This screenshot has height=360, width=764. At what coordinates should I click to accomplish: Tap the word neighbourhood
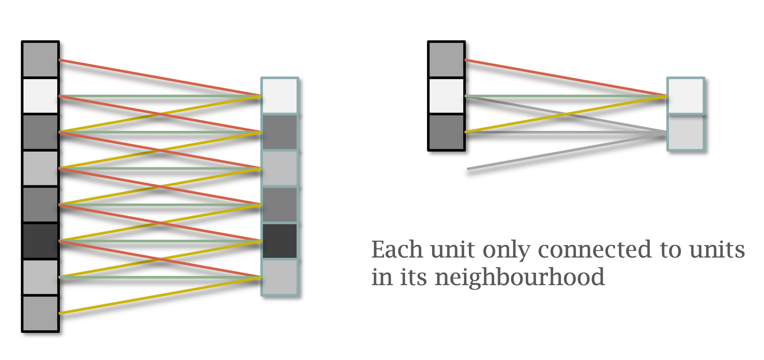coord(520,277)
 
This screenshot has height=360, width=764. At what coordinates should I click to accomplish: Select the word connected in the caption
coord(594,250)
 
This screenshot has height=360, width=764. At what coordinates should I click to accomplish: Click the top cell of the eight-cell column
coord(40,59)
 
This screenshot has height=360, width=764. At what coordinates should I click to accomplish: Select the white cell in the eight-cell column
coord(40,96)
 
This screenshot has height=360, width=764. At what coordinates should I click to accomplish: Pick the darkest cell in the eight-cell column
coord(40,241)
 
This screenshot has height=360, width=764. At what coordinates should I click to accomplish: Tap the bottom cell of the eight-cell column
coord(40,313)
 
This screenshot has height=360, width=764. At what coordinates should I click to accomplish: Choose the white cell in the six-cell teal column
coord(280,96)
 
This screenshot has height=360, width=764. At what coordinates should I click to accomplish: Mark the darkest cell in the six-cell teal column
coord(280,241)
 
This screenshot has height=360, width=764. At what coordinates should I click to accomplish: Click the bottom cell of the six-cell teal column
coord(280,277)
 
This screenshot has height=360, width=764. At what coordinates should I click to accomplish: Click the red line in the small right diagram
coord(564,78)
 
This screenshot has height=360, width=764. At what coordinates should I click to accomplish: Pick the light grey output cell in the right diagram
coord(686,132)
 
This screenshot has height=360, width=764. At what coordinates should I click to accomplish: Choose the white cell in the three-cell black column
coord(446,96)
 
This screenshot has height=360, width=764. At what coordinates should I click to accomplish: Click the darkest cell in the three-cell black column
coord(446,132)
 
